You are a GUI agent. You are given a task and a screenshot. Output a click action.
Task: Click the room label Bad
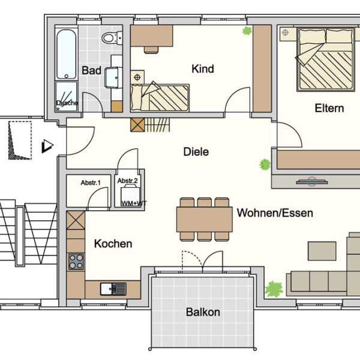pyautogui.click(x=91, y=71)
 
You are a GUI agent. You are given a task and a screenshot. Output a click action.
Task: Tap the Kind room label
pyautogui.click(x=202, y=69)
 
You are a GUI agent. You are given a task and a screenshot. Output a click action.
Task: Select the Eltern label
pyautogui.click(x=329, y=109)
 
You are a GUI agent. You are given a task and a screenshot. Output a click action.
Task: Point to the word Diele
pyautogui.click(x=196, y=152)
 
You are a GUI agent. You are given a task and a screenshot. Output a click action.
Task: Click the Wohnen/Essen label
pyautogui.click(x=275, y=213)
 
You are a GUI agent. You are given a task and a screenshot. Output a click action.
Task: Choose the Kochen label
pyautogui.click(x=113, y=244)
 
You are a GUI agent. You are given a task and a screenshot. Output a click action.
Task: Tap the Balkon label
pyautogui.click(x=203, y=312)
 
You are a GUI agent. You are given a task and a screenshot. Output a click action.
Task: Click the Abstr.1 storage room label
pyautogui.click(x=91, y=182)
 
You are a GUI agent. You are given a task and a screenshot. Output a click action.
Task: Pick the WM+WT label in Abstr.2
pyautogui.click(x=133, y=204)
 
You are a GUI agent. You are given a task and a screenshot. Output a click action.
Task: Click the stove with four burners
pyautogui.click(x=76, y=262)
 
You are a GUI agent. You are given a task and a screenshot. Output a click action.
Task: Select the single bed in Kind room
pyautogui.click(x=161, y=96)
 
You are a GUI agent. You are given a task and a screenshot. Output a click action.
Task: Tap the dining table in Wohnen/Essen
pyautogui.click(x=204, y=218)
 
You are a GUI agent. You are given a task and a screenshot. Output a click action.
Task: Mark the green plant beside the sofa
pyautogui.click(x=274, y=289)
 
